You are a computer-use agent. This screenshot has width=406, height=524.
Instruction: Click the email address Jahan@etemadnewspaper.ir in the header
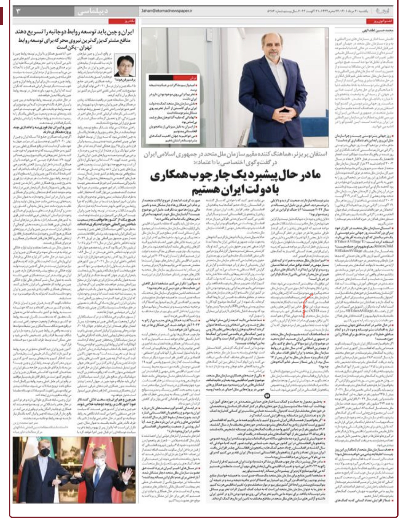tap(167, 11)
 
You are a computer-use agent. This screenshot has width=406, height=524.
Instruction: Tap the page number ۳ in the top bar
tap(19, 11)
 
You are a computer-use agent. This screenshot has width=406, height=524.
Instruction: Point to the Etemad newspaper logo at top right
tap(384, 11)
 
